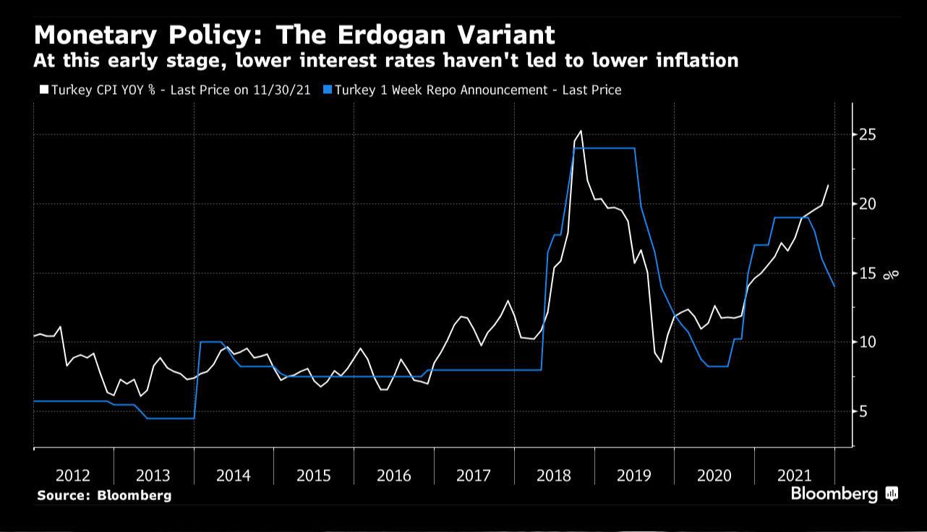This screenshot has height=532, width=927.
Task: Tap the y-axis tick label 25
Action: click(x=868, y=135)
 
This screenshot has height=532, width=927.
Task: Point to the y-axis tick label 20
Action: click(x=868, y=204)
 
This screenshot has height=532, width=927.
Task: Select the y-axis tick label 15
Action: click(x=868, y=273)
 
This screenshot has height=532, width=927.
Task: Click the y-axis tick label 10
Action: click(x=868, y=342)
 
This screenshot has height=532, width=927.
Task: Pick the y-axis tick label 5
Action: click(x=864, y=411)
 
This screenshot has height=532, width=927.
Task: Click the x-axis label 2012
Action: click(x=73, y=476)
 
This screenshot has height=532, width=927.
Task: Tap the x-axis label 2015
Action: click(x=313, y=476)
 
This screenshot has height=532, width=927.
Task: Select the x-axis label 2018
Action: click(x=554, y=476)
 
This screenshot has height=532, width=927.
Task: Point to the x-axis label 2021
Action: click(x=794, y=476)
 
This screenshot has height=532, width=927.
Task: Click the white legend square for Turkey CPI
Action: click(x=43, y=90)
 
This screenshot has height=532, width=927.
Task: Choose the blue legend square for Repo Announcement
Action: click(x=328, y=90)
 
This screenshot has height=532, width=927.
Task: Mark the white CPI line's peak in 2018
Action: click(x=581, y=131)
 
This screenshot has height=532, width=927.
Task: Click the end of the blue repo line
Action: click(x=834, y=287)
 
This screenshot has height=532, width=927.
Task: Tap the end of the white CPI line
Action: click(x=828, y=185)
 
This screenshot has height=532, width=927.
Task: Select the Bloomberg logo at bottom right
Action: click(x=843, y=494)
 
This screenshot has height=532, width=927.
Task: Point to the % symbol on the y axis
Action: click(x=894, y=273)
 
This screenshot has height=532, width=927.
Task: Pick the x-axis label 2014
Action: click(x=233, y=476)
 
